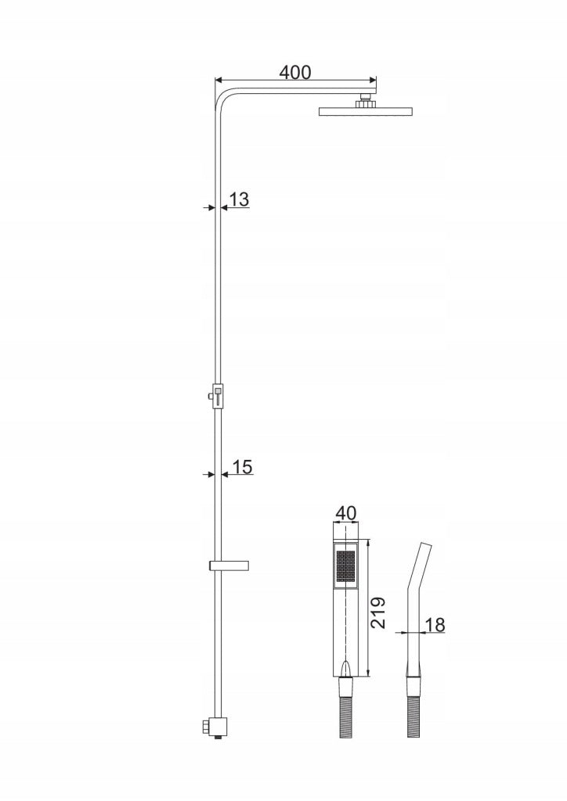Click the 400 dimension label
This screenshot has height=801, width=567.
tap(295, 73)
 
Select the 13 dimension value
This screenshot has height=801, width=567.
tap(239, 199)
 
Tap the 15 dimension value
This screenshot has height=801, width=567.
tap(243, 467)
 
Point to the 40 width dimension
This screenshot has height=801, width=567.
tap(346, 513)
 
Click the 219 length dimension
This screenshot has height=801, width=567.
tap(377, 612)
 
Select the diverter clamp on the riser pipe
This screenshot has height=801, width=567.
tap(218, 397)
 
